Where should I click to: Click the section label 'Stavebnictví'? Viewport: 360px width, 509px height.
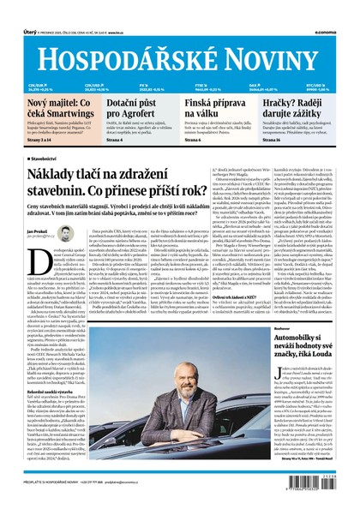point(42,159)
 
